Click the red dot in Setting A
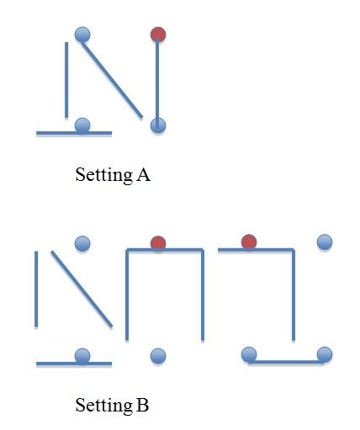pyautogui.click(x=158, y=35)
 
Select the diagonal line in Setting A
pyautogui.click(x=112, y=80)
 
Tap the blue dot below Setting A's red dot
pyautogui.click(x=158, y=125)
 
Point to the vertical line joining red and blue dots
pyautogui.click(x=157, y=82)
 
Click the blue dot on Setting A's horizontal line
pyautogui.click(x=82, y=125)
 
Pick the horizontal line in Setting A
pyautogui.click(x=74, y=133)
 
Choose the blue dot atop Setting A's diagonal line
pyautogui.click(x=82, y=35)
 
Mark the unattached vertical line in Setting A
pyautogui.click(x=66, y=80)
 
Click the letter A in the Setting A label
pyautogui.click(x=143, y=174)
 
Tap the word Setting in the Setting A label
pyautogui.click(x=104, y=175)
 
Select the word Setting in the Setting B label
pyautogui.click(x=104, y=406)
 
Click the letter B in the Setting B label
pyautogui.click(x=142, y=405)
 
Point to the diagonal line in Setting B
pyautogui.click(x=82, y=289)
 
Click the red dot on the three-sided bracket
pyautogui.click(x=158, y=243)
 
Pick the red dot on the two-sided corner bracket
pyautogui.click(x=249, y=242)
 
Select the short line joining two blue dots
pyautogui.click(x=287, y=362)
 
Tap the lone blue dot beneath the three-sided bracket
pyautogui.click(x=158, y=356)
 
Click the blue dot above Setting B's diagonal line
pyautogui.click(x=82, y=243)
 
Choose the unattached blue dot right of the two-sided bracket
pyautogui.click(x=325, y=242)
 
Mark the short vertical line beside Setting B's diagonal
pyautogui.click(x=36, y=289)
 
